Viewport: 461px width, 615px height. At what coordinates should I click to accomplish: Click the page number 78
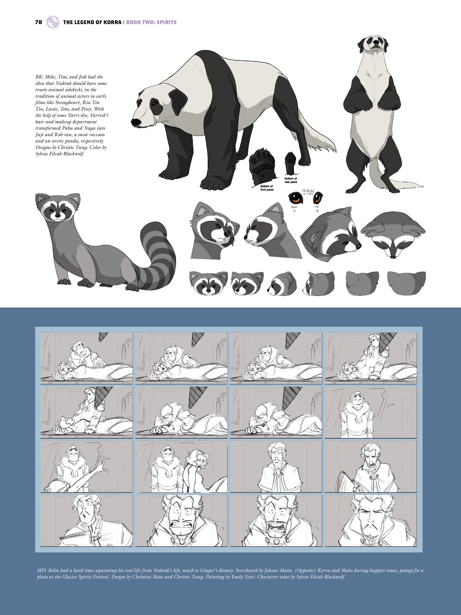pyautogui.click(x=38, y=22)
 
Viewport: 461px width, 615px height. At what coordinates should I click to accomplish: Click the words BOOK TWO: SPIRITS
pyautogui.click(x=151, y=22)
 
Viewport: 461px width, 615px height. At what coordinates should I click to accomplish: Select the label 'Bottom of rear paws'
pyautogui.click(x=291, y=180)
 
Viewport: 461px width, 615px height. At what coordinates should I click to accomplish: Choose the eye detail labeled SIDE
pyautogui.click(x=318, y=198)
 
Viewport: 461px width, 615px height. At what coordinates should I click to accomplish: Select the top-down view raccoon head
pyautogui.click(x=393, y=237)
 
